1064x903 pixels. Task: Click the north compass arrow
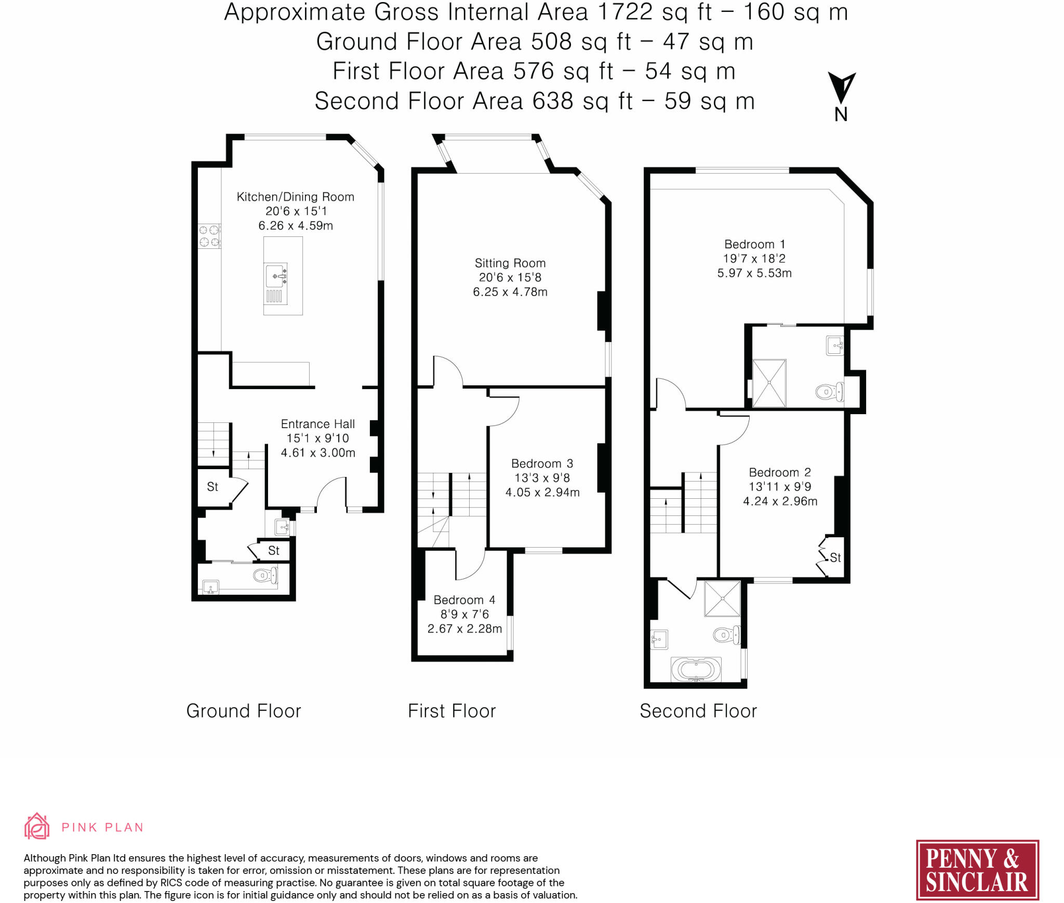click(841, 87)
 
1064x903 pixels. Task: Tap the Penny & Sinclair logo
click(977, 870)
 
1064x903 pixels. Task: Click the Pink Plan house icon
click(37, 826)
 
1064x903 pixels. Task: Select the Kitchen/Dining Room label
click(296, 197)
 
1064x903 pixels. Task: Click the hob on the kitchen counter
click(209, 236)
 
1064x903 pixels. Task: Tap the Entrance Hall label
click(318, 424)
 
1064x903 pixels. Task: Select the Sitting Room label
click(510, 263)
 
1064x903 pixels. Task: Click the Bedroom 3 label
click(542, 463)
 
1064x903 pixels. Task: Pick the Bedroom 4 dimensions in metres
click(465, 629)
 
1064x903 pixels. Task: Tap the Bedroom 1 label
click(755, 244)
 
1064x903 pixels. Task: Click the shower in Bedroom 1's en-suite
click(769, 383)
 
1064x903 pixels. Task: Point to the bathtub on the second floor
click(696, 670)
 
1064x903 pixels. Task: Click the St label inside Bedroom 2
click(835, 557)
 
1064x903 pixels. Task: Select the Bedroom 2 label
click(780, 472)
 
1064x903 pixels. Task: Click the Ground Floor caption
click(244, 711)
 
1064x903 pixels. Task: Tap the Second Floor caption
click(698, 711)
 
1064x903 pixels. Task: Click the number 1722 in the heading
click(625, 12)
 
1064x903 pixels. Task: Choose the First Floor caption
click(452, 711)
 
